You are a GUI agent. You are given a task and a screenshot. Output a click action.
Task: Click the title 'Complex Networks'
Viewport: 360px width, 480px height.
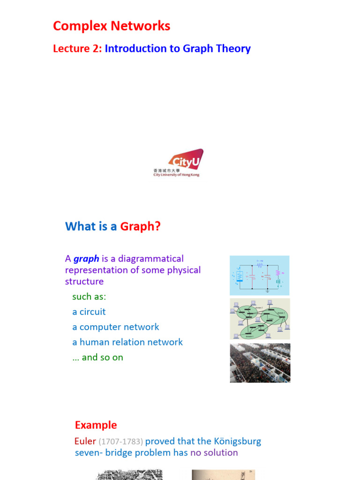coord(112,26)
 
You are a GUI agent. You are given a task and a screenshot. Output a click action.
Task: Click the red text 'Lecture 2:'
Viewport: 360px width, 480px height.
coord(77,49)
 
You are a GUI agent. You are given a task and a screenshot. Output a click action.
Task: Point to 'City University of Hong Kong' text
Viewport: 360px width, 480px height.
coord(176,175)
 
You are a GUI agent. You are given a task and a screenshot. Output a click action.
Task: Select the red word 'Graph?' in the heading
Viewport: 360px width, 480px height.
coord(140,227)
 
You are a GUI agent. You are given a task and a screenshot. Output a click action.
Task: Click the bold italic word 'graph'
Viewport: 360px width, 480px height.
coord(86,259)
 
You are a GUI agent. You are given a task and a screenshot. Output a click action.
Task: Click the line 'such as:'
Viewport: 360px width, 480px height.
coord(89,297)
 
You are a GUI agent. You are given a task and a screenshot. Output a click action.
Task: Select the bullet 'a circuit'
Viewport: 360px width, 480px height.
coord(89,312)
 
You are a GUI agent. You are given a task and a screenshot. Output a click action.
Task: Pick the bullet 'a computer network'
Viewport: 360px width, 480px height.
coord(116,327)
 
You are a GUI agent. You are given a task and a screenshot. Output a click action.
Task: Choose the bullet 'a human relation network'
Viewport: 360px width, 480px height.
coord(127,342)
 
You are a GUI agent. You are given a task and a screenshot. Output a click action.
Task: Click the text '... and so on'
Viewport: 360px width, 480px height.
coord(97,357)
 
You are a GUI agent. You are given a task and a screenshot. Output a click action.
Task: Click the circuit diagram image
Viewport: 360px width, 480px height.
coord(259,275)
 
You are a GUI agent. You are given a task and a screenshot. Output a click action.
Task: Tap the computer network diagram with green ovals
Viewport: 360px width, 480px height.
coord(260,319)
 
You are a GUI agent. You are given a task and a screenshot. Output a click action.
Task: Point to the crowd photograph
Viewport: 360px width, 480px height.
coord(260,363)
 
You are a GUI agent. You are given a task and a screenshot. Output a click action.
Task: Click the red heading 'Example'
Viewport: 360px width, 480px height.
coord(96,425)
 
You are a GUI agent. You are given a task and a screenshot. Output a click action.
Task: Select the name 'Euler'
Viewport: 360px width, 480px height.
coord(85,442)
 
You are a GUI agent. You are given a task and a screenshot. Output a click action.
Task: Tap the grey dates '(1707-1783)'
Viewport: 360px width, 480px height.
coord(121,442)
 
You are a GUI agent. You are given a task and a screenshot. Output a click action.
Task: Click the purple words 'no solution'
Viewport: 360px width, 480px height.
coord(214,453)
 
